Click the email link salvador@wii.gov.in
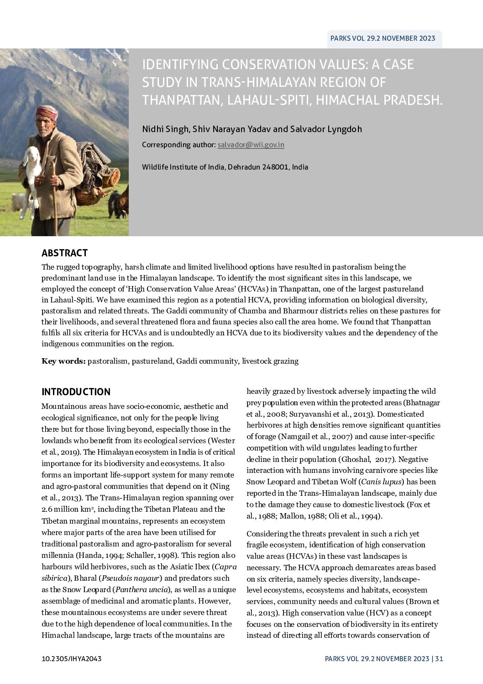251,145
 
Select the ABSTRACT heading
64,253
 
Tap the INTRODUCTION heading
76,392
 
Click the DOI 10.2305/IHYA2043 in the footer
71,659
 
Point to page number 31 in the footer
439,659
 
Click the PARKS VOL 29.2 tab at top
383,39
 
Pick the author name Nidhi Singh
165,129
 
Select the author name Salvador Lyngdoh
326,129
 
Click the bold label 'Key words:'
63,361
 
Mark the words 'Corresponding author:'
178,145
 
